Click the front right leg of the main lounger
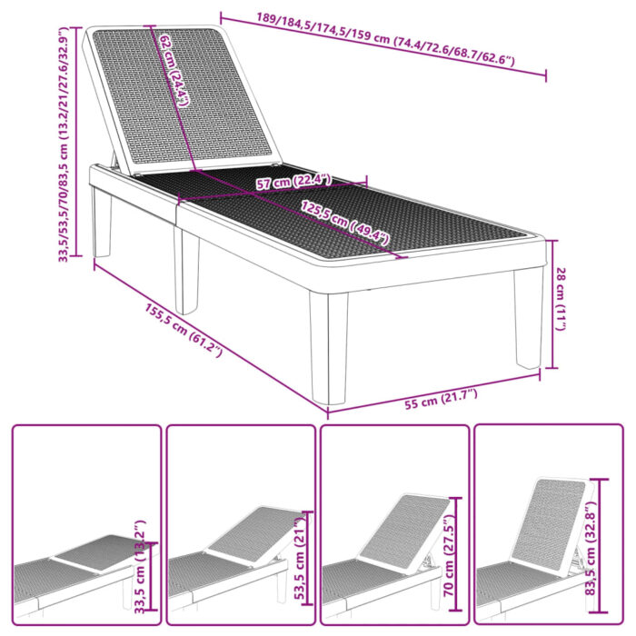[528, 318]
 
